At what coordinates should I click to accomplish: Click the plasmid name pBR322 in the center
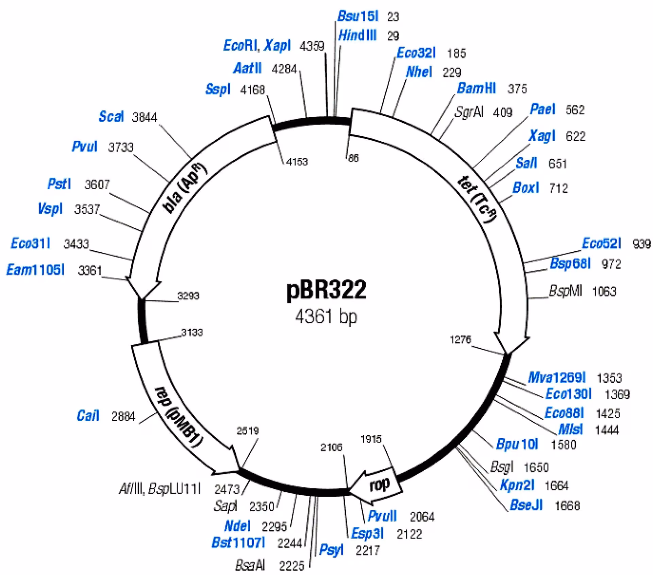[326, 289]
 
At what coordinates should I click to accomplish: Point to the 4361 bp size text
[326, 316]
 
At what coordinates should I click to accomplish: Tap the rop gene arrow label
[379, 485]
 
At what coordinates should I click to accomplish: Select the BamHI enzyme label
[476, 88]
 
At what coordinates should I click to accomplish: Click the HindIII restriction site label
[357, 35]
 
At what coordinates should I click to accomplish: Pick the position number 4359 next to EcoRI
[312, 46]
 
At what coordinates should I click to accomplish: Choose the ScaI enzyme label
[111, 117]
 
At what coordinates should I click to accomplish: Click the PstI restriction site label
[59, 184]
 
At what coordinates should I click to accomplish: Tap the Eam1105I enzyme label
[35, 270]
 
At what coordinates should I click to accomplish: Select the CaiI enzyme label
[88, 416]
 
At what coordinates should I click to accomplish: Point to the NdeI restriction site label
[237, 526]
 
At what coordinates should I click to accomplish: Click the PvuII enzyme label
[382, 516]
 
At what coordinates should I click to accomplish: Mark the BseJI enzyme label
[526, 505]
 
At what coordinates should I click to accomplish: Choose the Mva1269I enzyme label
[557, 377]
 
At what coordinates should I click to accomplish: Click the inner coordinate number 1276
[461, 339]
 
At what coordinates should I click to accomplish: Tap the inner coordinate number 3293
[188, 296]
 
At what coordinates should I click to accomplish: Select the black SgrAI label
[469, 112]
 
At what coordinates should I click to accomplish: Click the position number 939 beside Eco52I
[642, 244]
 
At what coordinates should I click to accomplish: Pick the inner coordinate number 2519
[248, 431]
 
